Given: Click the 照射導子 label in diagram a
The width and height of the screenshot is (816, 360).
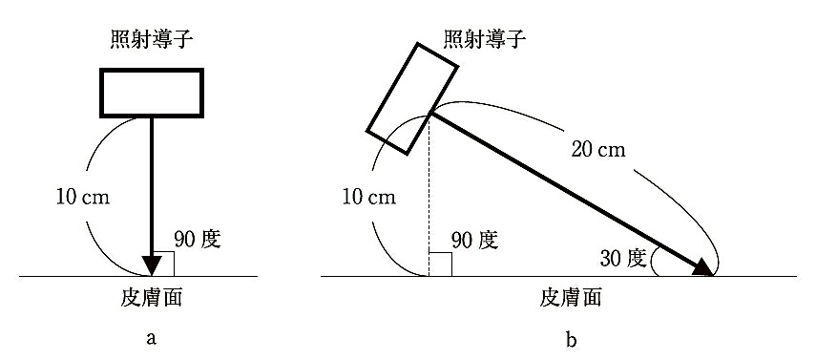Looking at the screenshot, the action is click(x=152, y=40).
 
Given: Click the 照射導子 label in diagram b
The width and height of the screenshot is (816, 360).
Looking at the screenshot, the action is click(x=485, y=40).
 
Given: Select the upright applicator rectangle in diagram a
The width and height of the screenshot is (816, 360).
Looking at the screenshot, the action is click(x=152, y=93).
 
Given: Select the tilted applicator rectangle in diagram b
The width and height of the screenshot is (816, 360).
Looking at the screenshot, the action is click(x=412, y=99).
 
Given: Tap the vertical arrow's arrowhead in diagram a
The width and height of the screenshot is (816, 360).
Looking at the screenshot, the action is click(x=152, y=265).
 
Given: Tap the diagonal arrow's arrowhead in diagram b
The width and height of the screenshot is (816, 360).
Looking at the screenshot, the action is click(x=702, y=266).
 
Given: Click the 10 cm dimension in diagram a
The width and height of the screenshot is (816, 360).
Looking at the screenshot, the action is click(x=83, y=198).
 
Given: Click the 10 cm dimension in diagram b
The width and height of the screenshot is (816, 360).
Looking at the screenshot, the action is click(x=369, y=198).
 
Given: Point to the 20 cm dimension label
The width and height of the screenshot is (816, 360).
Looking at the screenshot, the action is click(x=598, y=150).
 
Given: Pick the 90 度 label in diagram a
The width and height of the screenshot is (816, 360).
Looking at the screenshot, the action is click(x=198, y=239).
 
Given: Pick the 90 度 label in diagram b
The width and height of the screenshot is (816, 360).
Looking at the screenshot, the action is click(x=474, y=239).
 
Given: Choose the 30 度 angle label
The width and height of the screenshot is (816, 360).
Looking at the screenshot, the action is click(x=623, y=259).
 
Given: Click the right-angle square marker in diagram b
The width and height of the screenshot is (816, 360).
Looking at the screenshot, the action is click(x=440, y=265).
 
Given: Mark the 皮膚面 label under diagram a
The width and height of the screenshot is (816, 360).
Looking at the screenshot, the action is click(x=152, y=298).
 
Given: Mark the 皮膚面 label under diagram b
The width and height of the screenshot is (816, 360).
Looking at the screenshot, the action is click(x=571, y=298).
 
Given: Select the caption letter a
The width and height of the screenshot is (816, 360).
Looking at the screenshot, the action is click(x=152, y=339).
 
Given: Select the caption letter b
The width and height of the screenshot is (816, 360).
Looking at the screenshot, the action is click(x=571, y=339).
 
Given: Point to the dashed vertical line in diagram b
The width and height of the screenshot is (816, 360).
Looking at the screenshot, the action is click(x=429, y=195).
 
